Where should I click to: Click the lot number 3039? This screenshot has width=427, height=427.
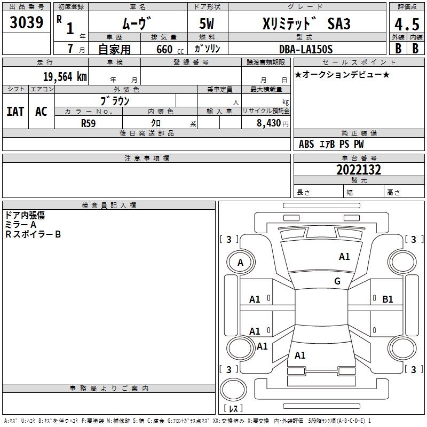tap(26, 22)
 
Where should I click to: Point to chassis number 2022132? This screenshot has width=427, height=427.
tap(359, 170)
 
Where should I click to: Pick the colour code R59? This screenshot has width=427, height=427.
tap(88, 122)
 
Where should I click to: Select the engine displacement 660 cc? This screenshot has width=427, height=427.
tap(161, 49)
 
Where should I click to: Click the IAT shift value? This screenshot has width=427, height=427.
tap(15, 111)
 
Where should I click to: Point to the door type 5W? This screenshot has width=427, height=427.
tap(207, 24)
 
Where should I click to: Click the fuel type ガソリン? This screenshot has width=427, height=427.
tap(207, 49)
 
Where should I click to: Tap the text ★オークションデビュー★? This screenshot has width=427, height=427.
tap(342, 74)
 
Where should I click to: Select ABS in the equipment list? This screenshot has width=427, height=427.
tap(306, 144)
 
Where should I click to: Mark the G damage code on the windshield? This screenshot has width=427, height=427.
tap(337, 281)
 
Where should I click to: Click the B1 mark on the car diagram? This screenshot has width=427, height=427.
tap(388, 299)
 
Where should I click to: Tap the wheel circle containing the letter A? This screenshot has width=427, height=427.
tap(240, 262)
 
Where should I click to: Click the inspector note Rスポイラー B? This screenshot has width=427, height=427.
tap(33, 234)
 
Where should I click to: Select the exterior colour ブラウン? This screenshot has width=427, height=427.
tap(115, 100)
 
